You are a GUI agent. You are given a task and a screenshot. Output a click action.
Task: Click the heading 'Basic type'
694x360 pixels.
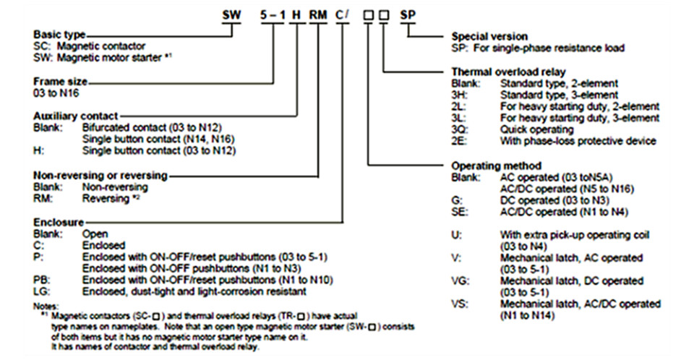[x=59, y=34]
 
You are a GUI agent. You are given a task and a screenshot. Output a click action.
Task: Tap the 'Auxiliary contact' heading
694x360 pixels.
[x=75, y=116]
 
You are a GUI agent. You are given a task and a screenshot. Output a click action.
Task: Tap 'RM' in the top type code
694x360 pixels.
[x=318, y=14]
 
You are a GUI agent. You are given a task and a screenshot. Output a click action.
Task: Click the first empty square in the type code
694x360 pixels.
[x=367, y=14]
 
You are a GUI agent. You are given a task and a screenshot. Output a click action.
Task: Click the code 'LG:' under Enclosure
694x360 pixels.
[x=41, y=291]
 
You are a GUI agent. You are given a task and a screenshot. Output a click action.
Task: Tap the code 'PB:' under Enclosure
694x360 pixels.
[x=41, y=280]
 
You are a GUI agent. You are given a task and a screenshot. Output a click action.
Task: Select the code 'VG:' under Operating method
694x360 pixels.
[x=460, y=281]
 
